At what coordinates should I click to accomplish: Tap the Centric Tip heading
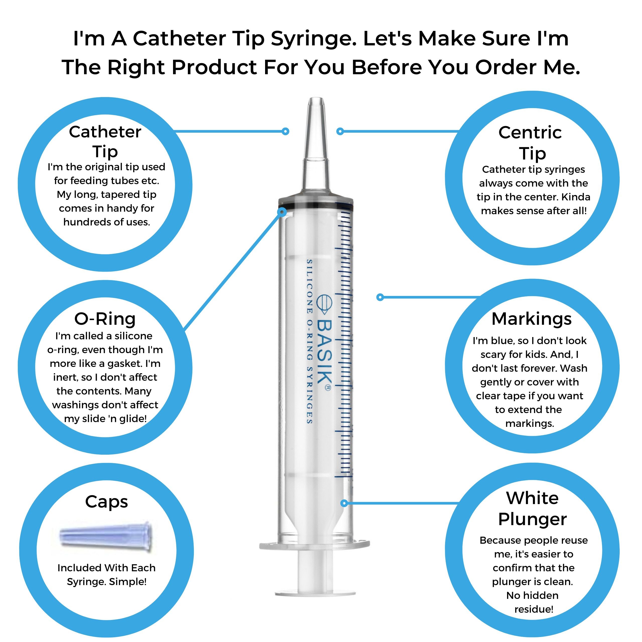pyautogui.click(x=531, y=143)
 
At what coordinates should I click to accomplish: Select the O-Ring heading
pyautogui.click(x=105, y=319)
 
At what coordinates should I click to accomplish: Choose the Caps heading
pyautogui.click(x=106, y=502)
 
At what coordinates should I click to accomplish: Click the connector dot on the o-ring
pyautogui.click(x=282, y=212)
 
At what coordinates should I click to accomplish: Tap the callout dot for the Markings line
pyautogui.click(x=380, y=297)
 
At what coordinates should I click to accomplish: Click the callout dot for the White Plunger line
pyautogui.click(x=344, y=503)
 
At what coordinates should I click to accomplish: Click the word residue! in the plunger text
pyautogui.click(x=534, y=609)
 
